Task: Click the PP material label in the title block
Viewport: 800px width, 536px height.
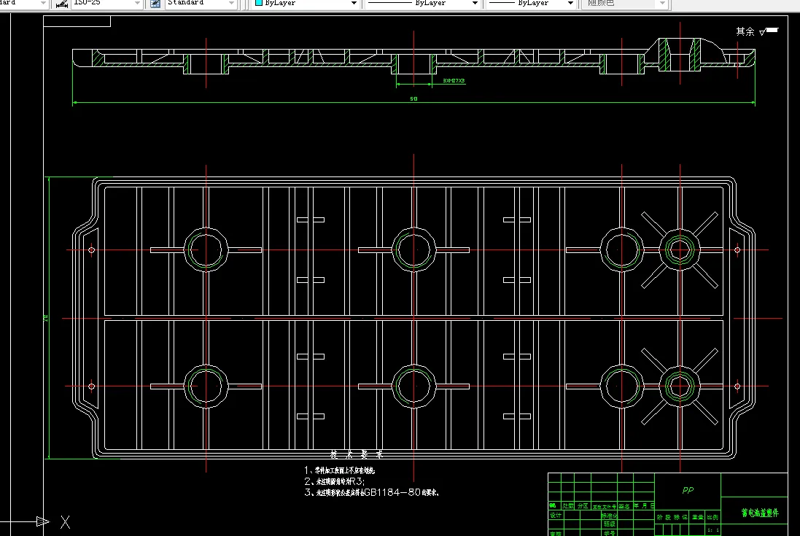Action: [x=688, y=490]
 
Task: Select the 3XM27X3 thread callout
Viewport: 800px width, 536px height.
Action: [x=454, y=81]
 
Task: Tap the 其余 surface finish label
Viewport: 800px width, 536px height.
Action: [x=745, y=31]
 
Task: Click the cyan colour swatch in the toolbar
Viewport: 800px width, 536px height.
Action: [x=258, y=4]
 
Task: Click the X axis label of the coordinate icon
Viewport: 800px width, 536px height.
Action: [x=65, y=521]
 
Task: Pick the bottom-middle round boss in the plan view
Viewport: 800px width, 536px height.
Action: [x=414, y=386]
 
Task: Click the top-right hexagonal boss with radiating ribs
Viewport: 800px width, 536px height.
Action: [x=680, y=249]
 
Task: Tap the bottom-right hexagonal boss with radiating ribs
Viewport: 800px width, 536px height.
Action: [x=680, y=386]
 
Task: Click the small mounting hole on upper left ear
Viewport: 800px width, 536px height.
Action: [x=91, y=250]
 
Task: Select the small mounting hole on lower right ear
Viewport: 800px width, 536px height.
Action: [x=737, y=386]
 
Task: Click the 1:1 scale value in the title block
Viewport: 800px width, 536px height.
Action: [x=712, y=530]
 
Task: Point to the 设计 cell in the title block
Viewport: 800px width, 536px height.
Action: [x=556, y=515]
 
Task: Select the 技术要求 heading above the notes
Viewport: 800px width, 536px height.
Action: [x=356, y=454]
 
